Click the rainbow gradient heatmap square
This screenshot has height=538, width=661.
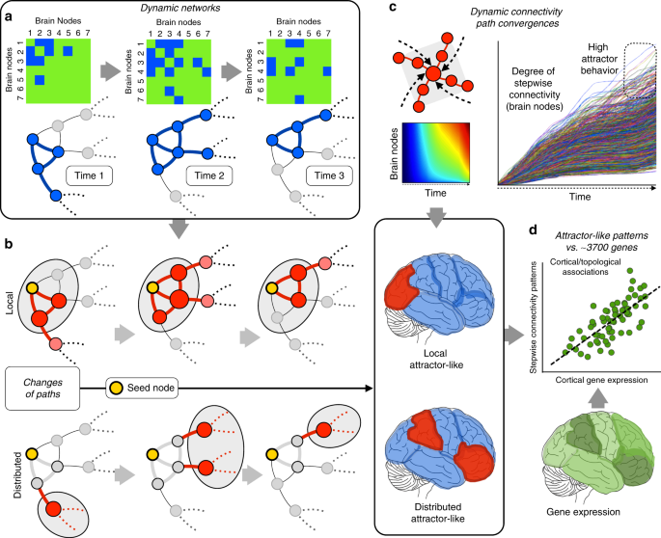[435, 149]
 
